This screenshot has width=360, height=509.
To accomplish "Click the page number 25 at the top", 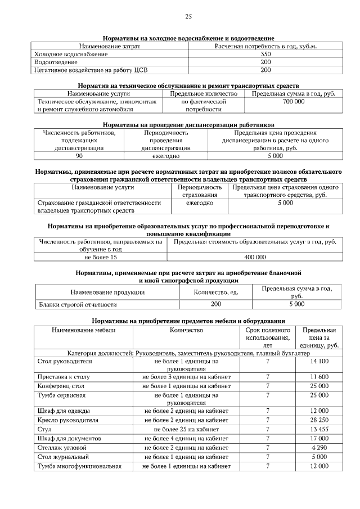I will point(188,16).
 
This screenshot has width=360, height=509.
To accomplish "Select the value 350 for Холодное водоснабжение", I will point(266,54).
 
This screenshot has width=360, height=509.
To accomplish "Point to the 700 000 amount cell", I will point(294,102).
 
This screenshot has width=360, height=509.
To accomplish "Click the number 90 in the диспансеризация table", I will point(79,155).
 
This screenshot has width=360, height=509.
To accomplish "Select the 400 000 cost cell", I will point(255,257).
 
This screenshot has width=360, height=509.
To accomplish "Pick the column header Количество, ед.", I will point(216,292).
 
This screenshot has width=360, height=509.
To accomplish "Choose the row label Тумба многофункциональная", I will point(79,466).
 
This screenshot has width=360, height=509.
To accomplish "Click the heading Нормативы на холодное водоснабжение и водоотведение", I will point(188,37).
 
